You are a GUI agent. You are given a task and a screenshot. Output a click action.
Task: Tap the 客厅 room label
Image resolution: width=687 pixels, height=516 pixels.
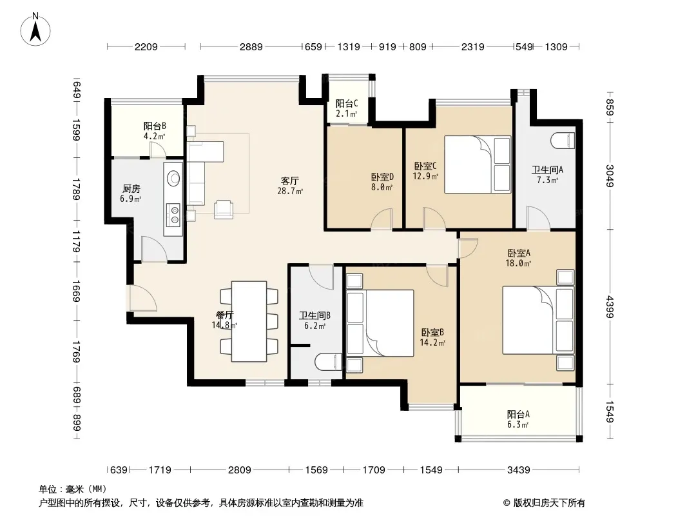[289, 181]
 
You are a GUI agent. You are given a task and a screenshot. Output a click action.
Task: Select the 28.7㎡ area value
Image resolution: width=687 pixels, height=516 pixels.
[290, 191]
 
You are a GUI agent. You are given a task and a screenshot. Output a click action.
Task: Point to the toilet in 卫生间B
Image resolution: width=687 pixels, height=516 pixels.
[328, 362]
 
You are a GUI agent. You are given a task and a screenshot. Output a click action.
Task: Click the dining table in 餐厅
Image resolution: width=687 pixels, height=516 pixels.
[249, 321]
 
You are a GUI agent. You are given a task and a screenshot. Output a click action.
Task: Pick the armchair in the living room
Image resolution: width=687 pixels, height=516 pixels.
[224, 209]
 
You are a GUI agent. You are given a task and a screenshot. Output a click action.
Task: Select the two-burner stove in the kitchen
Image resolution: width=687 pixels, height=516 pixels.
[174, 215]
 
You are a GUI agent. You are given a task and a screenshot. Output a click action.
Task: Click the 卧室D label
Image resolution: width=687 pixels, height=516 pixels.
[382, 177]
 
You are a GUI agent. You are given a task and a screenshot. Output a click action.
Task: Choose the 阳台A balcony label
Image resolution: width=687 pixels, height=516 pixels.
[518, 414]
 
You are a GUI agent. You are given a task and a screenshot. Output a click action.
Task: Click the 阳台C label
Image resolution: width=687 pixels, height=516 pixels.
[347, 103]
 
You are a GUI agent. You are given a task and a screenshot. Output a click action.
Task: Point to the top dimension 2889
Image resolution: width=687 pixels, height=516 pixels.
[251, 46]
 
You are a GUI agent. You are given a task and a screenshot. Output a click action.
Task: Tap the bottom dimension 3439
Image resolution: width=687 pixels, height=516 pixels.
[518, 470]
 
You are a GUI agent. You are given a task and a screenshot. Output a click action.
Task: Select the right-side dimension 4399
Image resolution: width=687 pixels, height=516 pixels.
[610, 307]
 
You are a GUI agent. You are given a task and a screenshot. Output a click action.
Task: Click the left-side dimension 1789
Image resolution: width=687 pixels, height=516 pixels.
[77, 189]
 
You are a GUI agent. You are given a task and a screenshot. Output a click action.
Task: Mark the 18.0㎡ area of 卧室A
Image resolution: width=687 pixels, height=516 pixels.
[518, 263]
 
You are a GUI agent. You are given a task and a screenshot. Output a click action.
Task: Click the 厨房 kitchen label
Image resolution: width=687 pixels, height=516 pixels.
[131, 188]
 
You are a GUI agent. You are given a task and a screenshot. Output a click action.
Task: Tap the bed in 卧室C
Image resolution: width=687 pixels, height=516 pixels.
[478, 164]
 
